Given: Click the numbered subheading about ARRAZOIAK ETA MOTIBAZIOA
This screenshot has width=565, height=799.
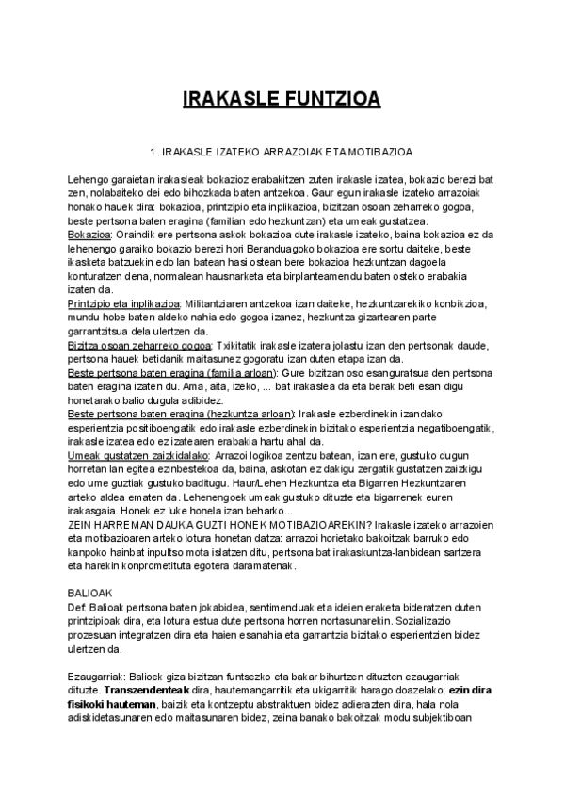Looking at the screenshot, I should click(282, 151).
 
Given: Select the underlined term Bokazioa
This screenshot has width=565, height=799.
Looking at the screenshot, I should click(90, 234).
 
